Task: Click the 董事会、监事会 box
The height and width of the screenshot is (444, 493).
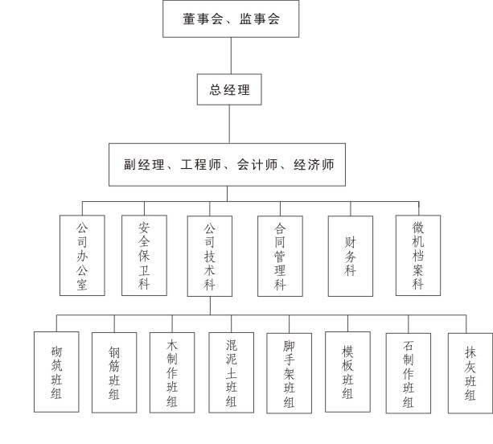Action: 231,18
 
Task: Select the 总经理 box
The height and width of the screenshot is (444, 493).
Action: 229,89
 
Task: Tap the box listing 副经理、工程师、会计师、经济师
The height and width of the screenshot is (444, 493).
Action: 227,165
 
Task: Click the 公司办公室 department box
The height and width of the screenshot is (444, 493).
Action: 82,255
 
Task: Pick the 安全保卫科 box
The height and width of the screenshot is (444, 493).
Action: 144,255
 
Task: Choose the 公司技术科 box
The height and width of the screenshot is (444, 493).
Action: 210,256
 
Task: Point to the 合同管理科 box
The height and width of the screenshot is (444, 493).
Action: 280,256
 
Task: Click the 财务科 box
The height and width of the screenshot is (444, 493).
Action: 351,256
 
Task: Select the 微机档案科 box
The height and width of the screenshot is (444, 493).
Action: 418,255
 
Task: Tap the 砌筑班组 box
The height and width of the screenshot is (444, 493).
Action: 56,372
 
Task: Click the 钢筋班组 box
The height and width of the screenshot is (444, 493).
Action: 114,372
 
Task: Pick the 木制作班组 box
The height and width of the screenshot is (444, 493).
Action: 172,372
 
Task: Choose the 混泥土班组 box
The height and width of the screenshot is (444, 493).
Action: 231,372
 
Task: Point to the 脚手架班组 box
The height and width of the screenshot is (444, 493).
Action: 289,373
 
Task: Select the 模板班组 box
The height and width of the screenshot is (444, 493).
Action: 347,372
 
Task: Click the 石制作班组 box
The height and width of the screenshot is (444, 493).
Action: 408,373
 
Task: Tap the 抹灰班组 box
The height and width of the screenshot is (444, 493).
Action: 470,373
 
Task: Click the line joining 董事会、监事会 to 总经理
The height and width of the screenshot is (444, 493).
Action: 231,55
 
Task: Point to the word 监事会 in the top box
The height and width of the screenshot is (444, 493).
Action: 260,18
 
